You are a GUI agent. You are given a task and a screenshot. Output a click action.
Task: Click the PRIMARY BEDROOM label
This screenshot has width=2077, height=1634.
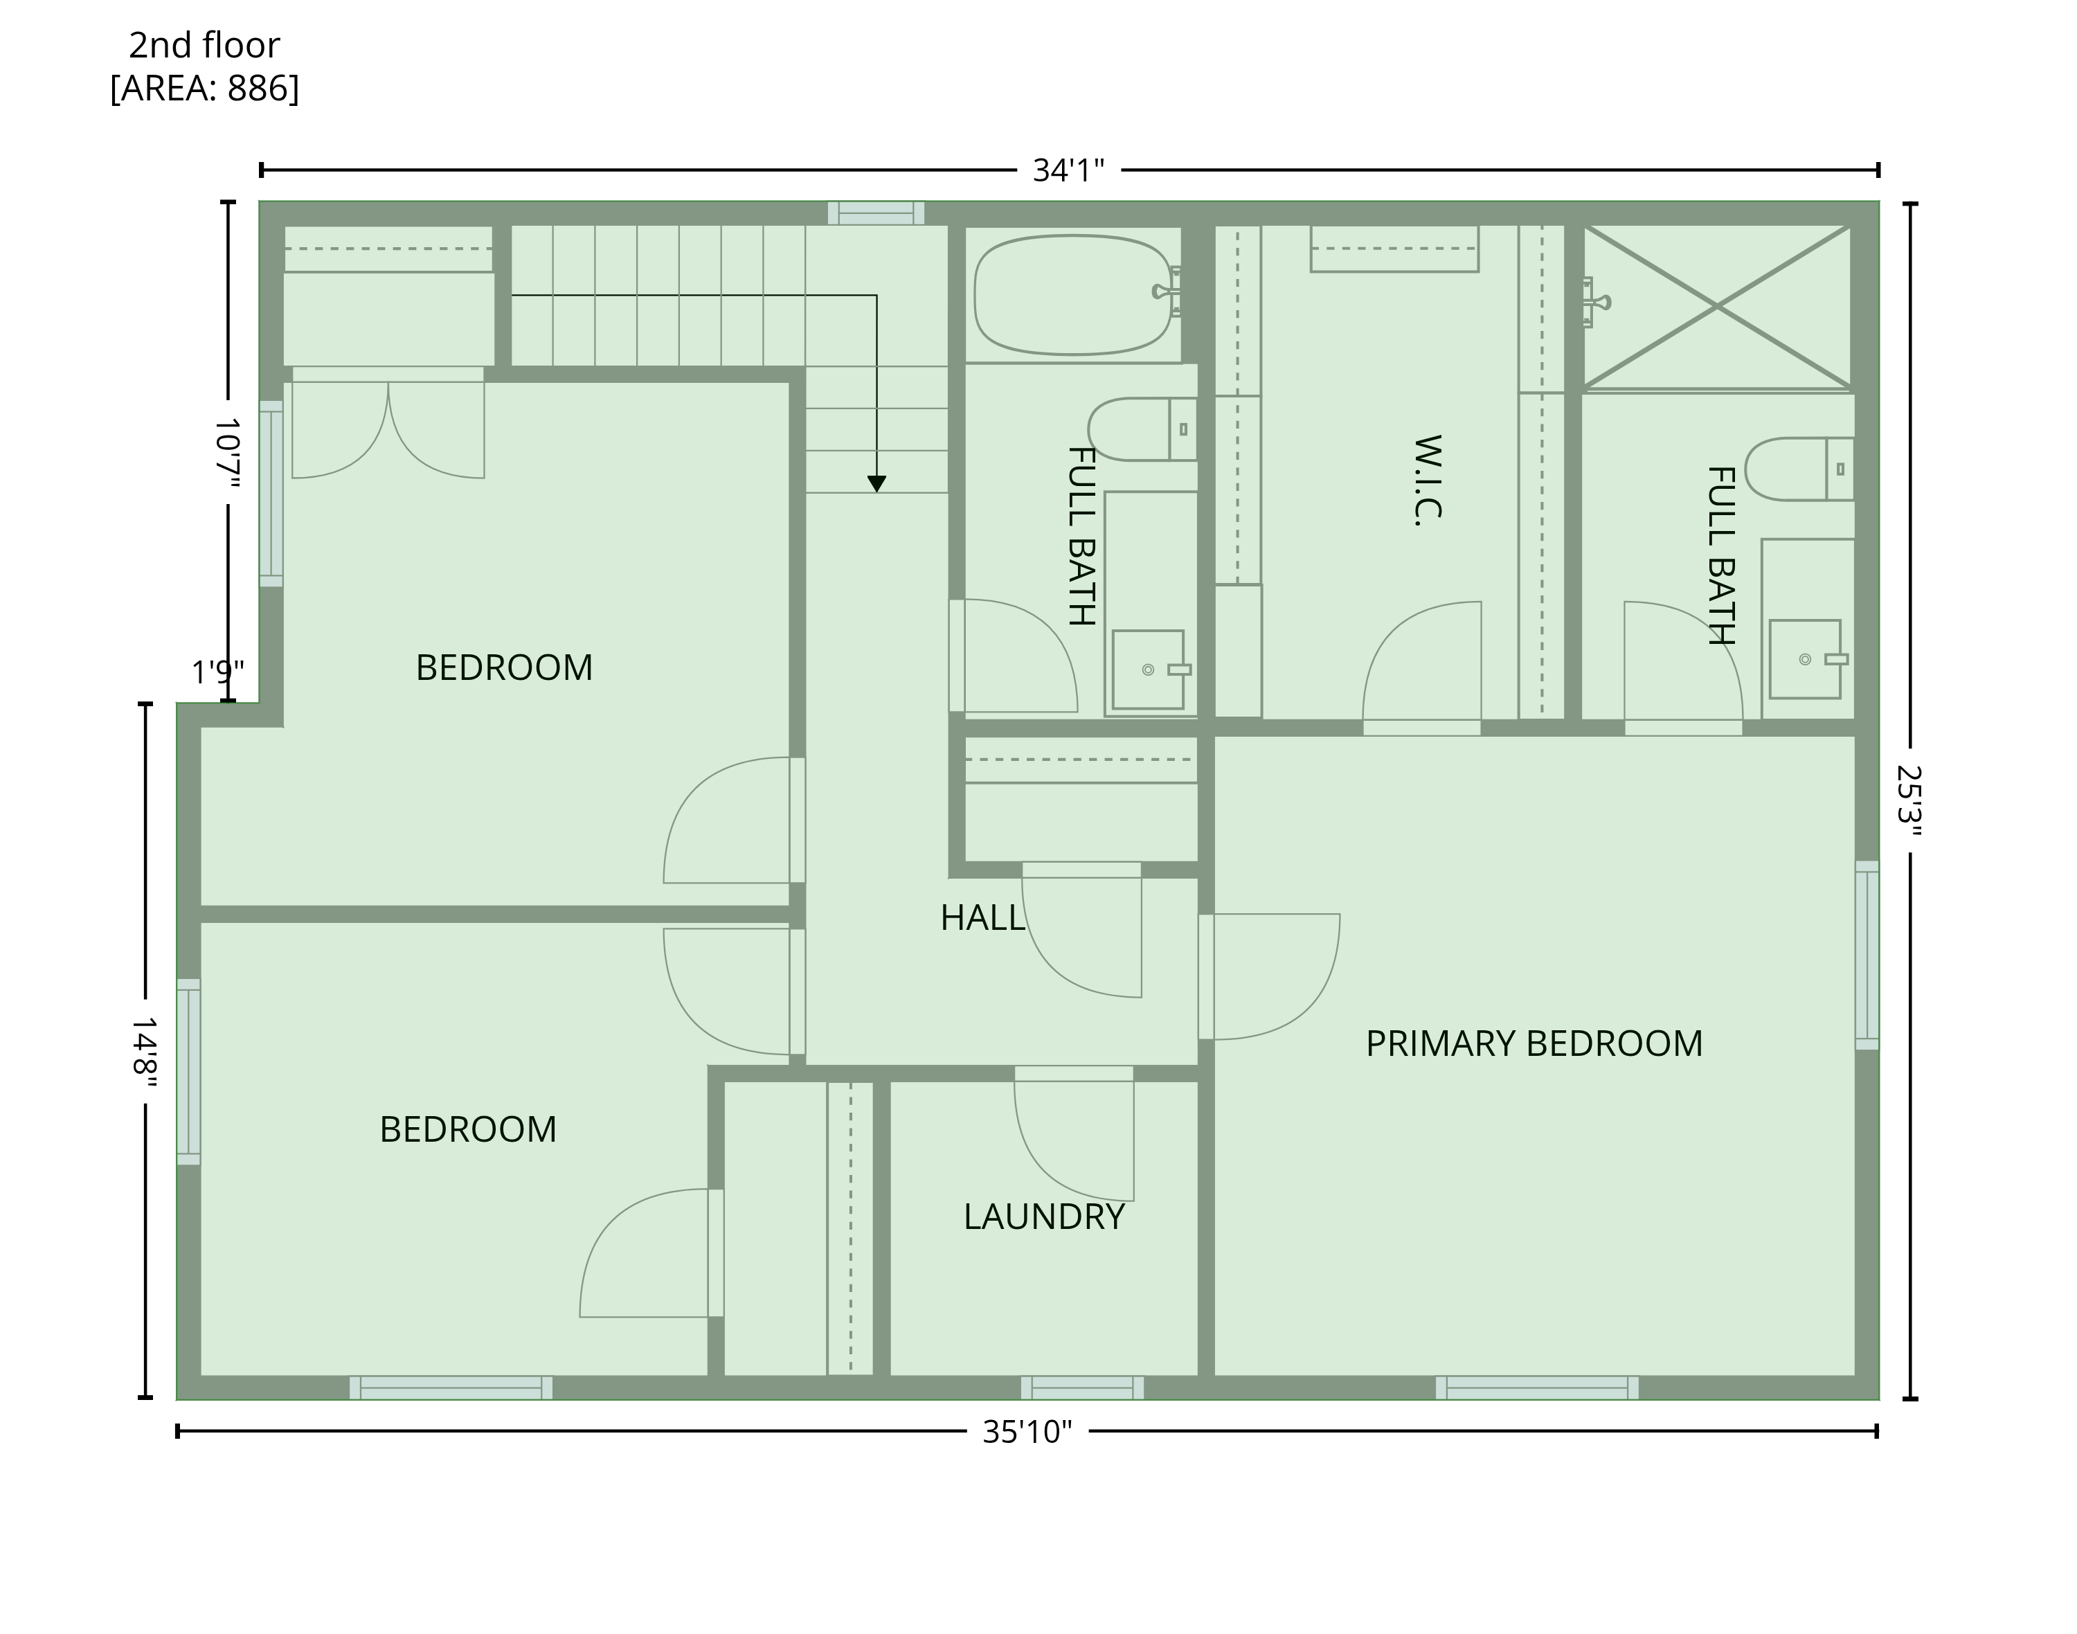[1534, 1043]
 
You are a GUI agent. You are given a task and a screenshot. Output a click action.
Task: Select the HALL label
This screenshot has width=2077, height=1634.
[982, 918]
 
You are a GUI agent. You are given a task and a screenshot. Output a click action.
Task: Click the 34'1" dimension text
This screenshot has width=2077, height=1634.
[1069, 170]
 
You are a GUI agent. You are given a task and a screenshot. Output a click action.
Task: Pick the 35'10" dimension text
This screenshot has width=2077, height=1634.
[1027, 1432]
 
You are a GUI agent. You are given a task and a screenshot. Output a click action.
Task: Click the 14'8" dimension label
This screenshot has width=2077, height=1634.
[145, 1052]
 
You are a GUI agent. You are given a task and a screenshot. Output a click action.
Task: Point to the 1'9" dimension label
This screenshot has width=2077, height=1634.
[218, 672]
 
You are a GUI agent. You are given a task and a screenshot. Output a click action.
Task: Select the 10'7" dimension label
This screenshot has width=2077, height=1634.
[228, 451]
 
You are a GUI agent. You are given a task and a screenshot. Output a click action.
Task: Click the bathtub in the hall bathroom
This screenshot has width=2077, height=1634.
[1072, 295]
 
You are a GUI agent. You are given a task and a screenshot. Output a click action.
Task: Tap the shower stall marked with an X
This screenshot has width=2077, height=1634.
[1717, 307]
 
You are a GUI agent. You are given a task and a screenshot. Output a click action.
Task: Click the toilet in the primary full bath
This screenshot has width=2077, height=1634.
[1799, 469]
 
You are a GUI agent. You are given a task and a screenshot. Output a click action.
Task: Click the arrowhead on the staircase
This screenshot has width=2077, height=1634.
[876, 484]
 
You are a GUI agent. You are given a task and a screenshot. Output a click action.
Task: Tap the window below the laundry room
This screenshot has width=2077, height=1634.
[1082, 1388]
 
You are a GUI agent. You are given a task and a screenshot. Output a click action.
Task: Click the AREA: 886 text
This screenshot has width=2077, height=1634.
[205, 88]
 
